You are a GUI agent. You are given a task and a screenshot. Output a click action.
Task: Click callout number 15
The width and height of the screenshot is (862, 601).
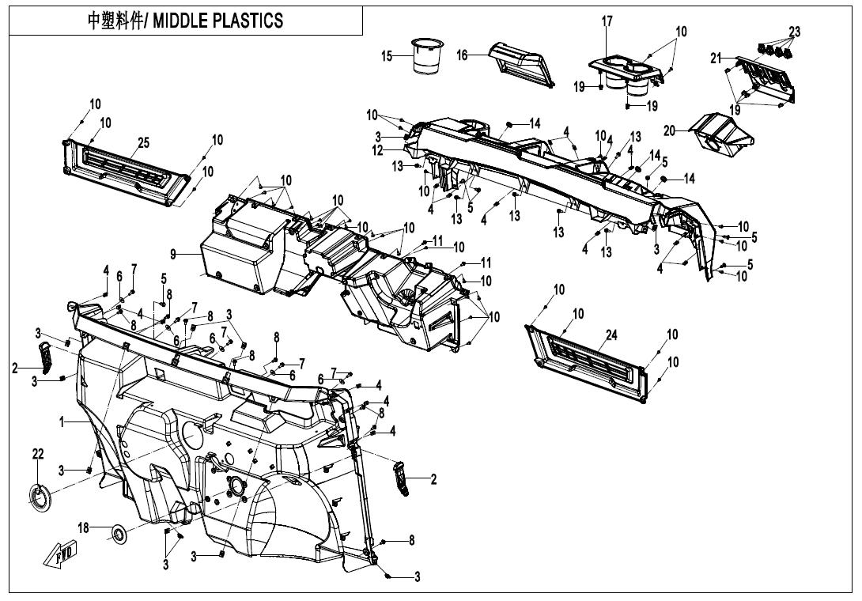tap(387, 57)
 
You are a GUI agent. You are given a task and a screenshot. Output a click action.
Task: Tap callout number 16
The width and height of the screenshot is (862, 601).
tap(463, 55)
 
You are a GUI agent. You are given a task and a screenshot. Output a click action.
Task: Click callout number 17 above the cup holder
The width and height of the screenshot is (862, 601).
tap(607, 22)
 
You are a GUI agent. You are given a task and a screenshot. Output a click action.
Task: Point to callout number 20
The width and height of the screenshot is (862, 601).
tap(670, 130)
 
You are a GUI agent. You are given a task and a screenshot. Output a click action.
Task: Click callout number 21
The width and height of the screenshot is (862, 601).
tap(716, 58)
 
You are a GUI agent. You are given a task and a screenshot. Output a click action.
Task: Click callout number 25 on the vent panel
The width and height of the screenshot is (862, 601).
tap(143, 142)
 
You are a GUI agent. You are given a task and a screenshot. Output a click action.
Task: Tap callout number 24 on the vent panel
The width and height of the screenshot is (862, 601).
tap(611, 335)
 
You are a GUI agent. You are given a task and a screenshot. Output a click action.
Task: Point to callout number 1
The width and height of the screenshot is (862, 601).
tap(61, 423)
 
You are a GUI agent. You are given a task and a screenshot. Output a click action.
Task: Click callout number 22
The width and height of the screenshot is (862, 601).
tap(38, 453)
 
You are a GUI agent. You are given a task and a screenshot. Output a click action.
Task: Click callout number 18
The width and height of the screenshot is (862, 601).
tap(83, 527)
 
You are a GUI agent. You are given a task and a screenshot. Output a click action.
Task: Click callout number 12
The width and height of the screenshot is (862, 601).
tap(378, 149)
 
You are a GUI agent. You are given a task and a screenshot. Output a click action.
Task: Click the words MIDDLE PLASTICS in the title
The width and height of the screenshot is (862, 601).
tap(223, 21)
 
